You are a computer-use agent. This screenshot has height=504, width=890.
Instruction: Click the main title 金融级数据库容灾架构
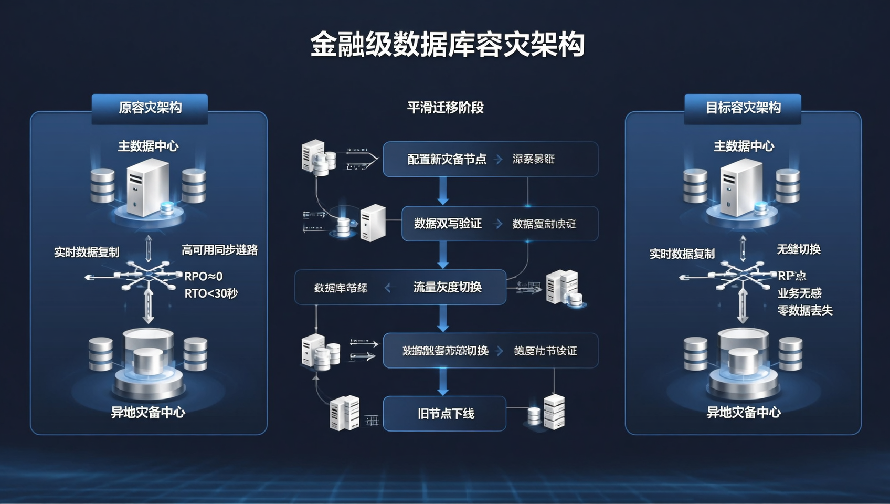447,45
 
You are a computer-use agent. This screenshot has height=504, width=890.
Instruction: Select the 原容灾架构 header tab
150,108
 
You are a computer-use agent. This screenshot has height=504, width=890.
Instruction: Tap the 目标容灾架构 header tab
743,108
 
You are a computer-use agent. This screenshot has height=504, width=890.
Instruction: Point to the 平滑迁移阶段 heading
445,108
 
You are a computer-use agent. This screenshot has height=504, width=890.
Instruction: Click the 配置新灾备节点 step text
447,159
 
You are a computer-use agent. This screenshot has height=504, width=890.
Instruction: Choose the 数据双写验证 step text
448,224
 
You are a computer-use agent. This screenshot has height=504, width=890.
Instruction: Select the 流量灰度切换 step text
447,287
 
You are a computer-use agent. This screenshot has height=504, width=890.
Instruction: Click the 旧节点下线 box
445,414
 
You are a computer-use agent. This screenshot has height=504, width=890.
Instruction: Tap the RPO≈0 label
204,276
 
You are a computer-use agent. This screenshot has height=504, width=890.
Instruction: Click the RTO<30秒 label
211,293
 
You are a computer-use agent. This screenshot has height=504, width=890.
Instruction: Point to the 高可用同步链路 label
219,250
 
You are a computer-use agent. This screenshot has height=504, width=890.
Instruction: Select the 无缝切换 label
799,249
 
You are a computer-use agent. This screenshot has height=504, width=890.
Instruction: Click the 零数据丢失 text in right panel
805,310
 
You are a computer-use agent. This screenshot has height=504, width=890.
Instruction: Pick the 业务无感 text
800,293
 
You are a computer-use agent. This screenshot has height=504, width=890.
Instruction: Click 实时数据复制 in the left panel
87,253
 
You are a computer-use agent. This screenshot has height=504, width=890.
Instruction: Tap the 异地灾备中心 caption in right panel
743,413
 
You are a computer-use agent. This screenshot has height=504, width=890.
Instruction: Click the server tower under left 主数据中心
147,187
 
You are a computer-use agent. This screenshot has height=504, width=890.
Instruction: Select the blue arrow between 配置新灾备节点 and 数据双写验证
443,191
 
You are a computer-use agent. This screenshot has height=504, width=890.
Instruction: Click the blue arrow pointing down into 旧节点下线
443,382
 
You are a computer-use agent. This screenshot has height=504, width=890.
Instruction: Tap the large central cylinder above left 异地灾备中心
148,357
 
